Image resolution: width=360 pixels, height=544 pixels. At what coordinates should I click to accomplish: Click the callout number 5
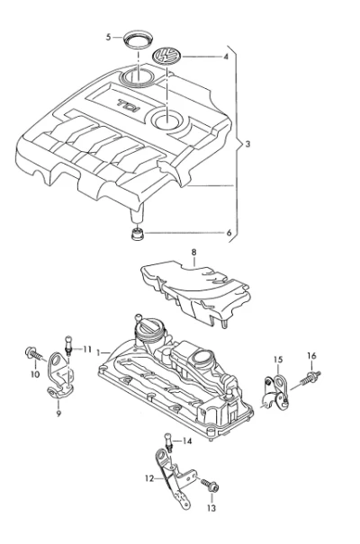click(x=109, y=37)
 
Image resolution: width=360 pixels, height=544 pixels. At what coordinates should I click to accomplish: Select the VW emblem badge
click(x=167, y=56)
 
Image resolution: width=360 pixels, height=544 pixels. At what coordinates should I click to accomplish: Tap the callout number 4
click(x=226, y=57)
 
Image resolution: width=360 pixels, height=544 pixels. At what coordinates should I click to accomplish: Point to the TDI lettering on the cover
click(x=127, y=106)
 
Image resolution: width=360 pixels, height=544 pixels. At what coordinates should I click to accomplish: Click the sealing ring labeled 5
click(x=138, y=39)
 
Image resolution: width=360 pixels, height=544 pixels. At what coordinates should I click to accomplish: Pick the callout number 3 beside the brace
click(x=247, y=144)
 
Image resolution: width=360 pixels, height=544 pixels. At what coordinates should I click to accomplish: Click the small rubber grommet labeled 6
click(x=138, y=234)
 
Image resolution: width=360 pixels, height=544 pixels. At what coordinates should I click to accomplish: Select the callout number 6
click(x=229, y=233)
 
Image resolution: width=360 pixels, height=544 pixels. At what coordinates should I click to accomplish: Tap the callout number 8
click(x=193, y=253)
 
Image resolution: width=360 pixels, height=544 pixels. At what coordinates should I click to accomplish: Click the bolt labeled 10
click(x=35, y=353)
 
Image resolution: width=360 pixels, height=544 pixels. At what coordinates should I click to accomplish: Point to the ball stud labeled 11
click(x=68, y=344)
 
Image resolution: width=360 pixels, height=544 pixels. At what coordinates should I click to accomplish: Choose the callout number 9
click(x=58, y=414)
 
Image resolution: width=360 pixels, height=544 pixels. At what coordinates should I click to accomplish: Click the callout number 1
click(x=98, y=352)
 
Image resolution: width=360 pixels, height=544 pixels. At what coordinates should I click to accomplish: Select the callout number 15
click(x=278, y=360)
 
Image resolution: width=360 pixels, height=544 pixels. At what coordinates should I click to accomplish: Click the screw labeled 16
click(x=310, y=378)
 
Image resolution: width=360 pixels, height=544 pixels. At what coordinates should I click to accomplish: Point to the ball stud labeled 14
click(x=168, y=441)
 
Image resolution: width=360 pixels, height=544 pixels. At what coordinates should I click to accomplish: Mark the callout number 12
click(x=149, y=478)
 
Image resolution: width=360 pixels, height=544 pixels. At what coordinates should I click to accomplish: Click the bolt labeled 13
click(x=211, y=485)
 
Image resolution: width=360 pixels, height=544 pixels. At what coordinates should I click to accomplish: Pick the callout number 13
click(x=211, y=508)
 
